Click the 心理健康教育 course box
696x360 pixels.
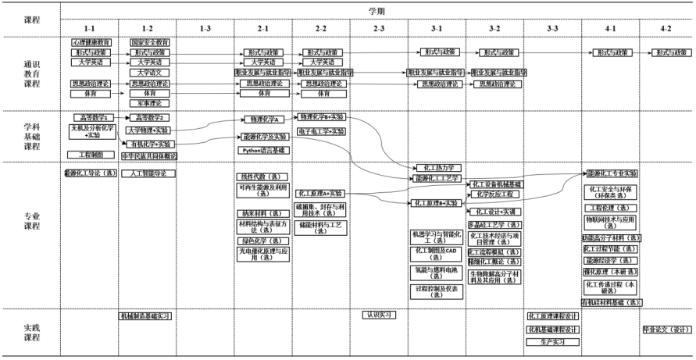pyautogui.click(x=91, y=41)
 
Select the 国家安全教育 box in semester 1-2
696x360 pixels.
pyautogui.click(x=149, y=41)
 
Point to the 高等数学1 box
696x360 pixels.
pyautogui.click(x=91, y=117)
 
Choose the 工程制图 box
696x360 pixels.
pyautogui.click(x=91, y=155)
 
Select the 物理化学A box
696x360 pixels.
pyautogui.click(x=263, y=119)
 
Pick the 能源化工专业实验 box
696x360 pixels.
pyautogui.click(x=611, y=173)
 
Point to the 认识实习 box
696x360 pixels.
pyautogui.click(x=379, y=315)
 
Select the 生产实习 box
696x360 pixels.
pyautogui.click(x=553, y=342)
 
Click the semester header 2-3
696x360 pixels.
pyautogui.click(x=379, y=28)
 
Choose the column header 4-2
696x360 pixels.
pyautogui.click(x=666, y=28)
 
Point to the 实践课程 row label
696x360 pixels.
pyautogui.click(x=32, y=333)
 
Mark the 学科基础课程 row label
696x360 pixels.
pyautogui.click(x=32, y=135)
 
